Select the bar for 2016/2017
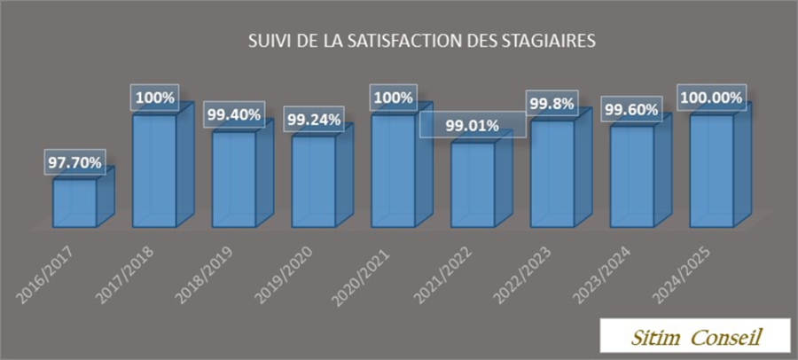(74, 203)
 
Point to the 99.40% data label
(234, 115)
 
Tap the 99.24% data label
(313, 120)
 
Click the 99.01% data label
(473, 125)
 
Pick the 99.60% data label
(630, 110)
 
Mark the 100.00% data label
(711, 97)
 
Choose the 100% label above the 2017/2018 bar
(154, 97)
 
